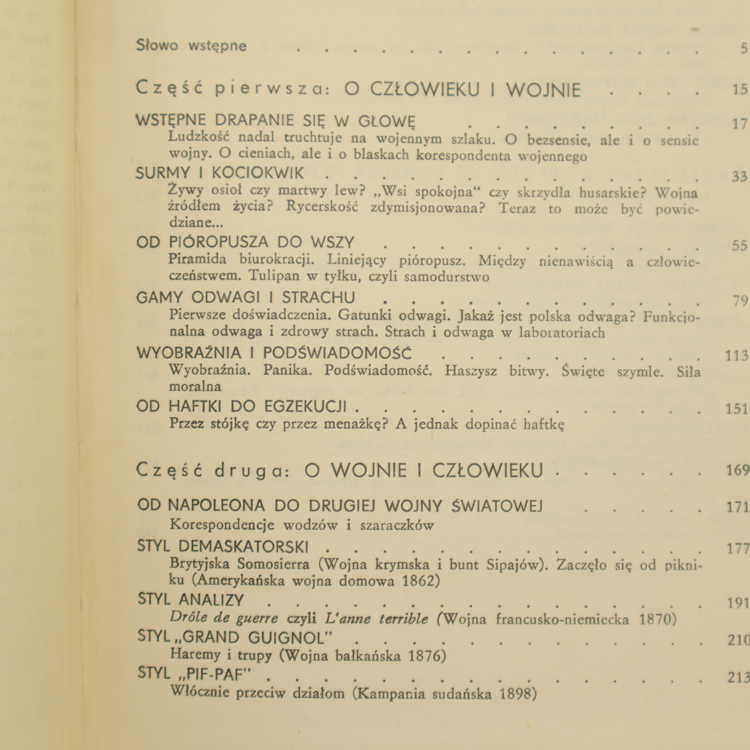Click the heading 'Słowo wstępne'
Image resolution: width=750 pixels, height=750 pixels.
pyautogui.click(x=191, y=45)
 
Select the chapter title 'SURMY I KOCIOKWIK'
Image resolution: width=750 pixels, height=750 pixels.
pyautogui.click(x=220, y=173)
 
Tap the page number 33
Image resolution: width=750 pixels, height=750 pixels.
pyautogui.click(x=739, y=176)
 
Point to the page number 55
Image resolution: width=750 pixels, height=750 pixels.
pyautogui.click(x=739, y=246)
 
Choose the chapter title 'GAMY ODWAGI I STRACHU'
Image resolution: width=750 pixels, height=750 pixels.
pyautogui.click(x=245, y=298)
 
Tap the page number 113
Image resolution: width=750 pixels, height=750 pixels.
pyautogui.click(x=736, y=356)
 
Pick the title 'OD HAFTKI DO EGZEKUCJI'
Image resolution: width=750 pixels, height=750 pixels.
pyautogui.click(x=241, y=406)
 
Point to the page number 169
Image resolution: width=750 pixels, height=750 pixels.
pyautogui.click(x=737, y=470)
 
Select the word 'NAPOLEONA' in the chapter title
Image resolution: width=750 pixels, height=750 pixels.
pyautogui.click(x=216, y=505)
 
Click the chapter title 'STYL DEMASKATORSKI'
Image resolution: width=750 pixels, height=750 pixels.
pyautogui.click(x=223, y=547)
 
